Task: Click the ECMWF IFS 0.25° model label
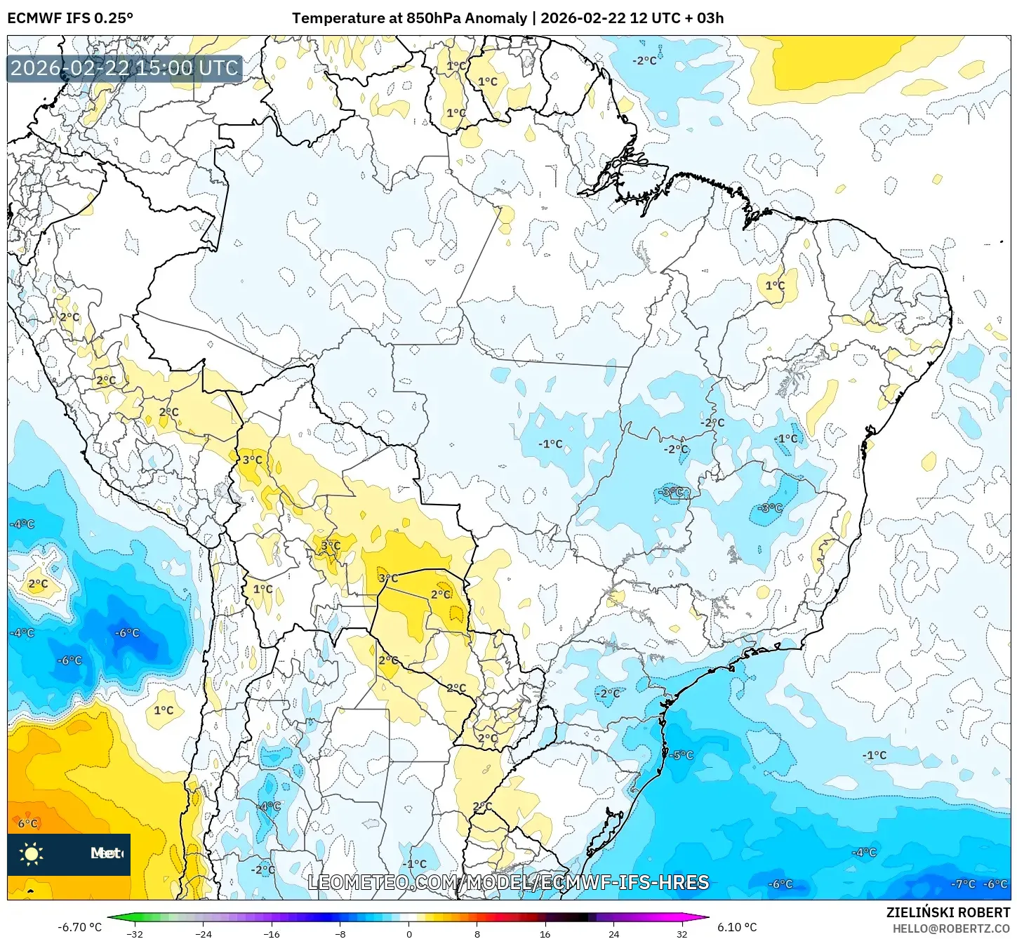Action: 70,18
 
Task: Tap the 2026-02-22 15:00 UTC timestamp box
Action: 124,69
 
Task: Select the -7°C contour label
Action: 963,884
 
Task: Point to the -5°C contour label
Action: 681,755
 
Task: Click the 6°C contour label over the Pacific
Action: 28,823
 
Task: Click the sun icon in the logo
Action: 32,853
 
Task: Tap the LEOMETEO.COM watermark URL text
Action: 508,882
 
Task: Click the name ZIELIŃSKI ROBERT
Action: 948,912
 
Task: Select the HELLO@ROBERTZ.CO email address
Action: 951,928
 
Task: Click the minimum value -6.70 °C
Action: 79,927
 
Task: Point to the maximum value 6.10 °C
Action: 737,927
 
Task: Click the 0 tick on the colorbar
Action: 408,934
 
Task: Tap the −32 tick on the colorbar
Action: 134,934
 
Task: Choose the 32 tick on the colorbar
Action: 682,934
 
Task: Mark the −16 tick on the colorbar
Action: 271,934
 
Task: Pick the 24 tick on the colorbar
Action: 613,934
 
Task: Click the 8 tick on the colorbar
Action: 477,934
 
